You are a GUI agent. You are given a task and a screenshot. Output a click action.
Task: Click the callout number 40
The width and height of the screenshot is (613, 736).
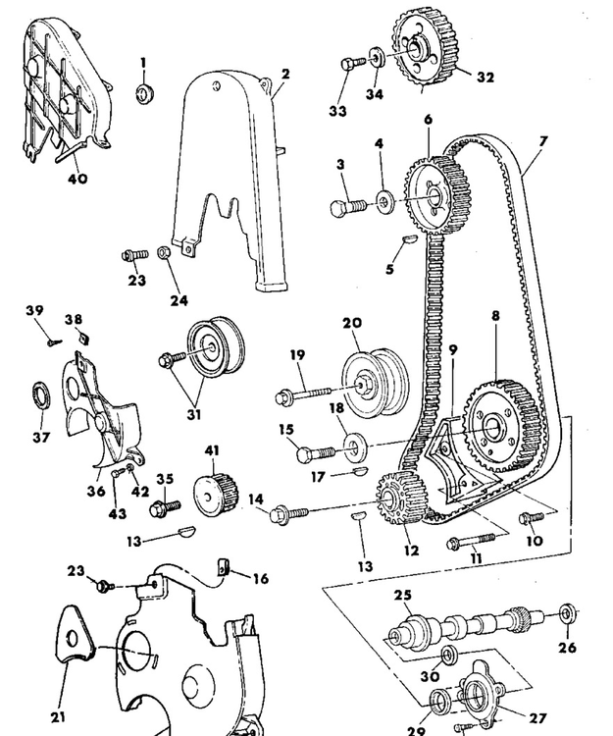77,179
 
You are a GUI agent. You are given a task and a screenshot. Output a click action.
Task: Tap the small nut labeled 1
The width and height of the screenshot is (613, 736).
143,93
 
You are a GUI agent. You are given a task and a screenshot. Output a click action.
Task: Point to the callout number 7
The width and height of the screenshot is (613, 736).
542,141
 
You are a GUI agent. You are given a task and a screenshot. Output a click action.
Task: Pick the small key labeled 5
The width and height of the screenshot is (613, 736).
411,237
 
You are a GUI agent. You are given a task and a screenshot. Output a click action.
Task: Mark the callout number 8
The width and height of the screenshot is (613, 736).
495,318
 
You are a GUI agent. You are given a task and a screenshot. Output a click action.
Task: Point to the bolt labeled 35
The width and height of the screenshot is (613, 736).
162,507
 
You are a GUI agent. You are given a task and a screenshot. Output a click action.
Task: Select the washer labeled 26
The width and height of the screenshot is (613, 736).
568,616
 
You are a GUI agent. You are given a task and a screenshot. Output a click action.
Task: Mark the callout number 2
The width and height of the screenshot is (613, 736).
284,74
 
